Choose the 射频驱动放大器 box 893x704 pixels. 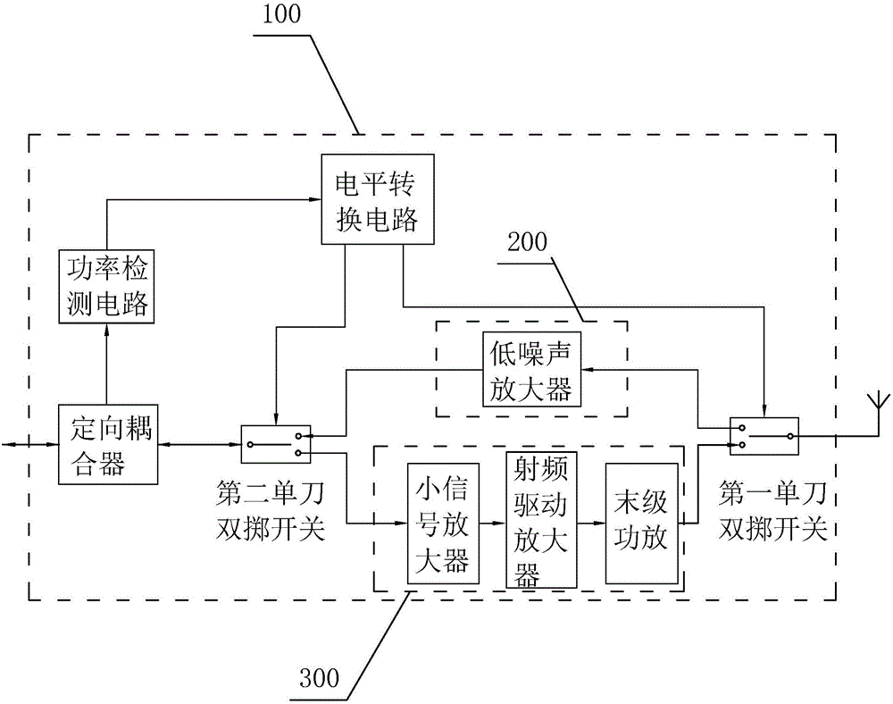pos(540,519)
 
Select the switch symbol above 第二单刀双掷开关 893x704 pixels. pos(276,438)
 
